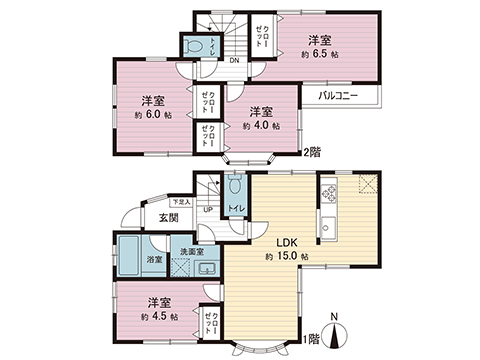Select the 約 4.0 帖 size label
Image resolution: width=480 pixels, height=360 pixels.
point(261,127)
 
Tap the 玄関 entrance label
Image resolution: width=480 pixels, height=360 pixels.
point(167,218)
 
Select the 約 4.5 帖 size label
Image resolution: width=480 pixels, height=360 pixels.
point(160,315)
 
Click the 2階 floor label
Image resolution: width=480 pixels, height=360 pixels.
point(314,151)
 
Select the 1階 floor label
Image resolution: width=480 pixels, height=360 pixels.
point(314,337)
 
